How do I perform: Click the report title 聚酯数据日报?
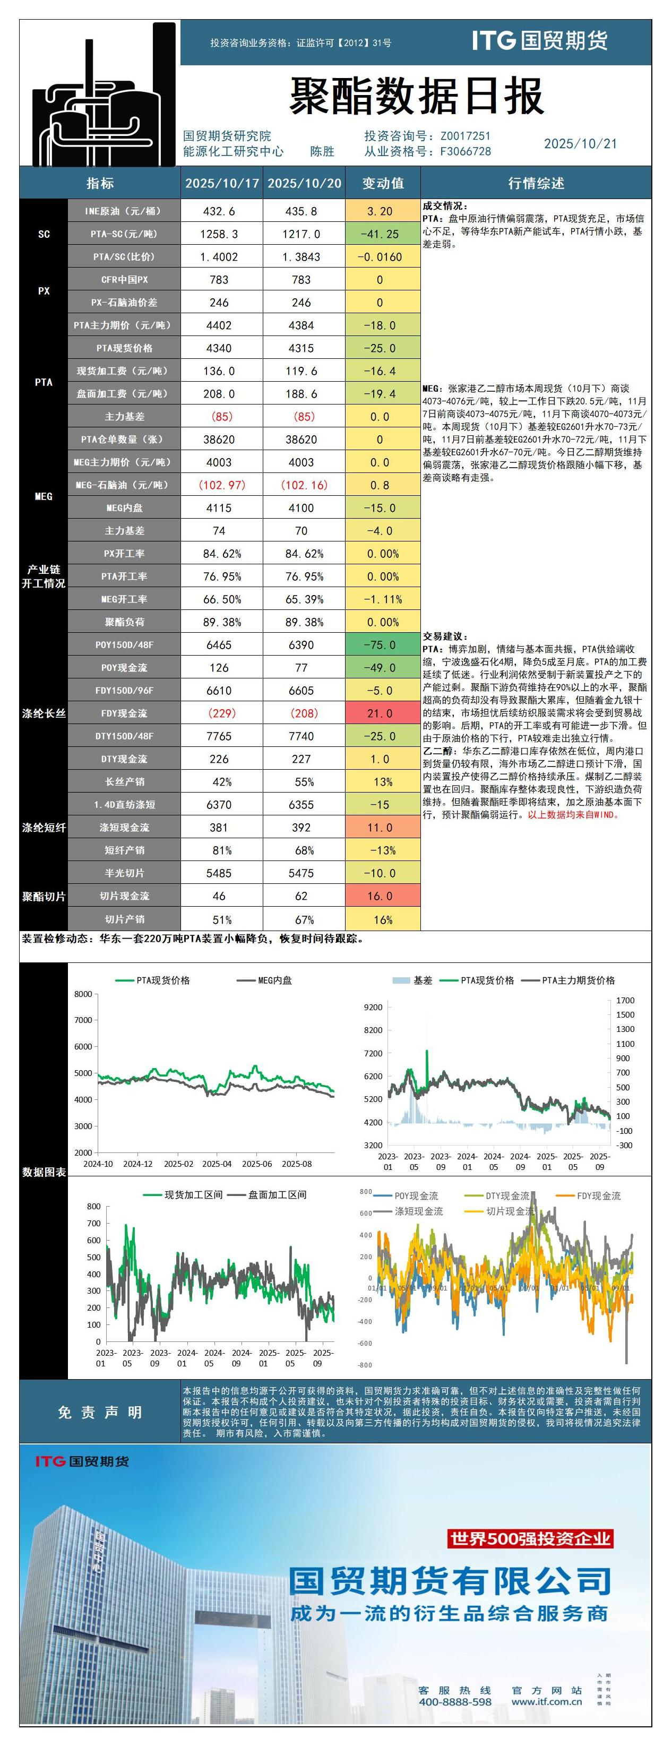coord(416,96)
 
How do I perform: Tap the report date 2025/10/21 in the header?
coord(581,144)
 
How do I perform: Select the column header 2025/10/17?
coord(222,183)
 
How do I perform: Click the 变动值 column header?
coord(383,183)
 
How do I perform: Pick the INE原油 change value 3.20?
coord(380,211)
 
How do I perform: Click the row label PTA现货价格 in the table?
coord(124,348)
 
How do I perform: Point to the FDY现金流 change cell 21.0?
coord(380,713)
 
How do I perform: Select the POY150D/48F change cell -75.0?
coord(380,645)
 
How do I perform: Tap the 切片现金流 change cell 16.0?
coord(380,896)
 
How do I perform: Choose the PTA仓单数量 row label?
coord(124,440)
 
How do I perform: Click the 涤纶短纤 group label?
coord(44,828)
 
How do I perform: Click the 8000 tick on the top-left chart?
coord(83,994)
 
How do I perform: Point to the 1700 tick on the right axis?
coord(625,1000)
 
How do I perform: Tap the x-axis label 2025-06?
coord(256,1164)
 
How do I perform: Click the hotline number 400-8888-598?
coord(455,1701)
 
